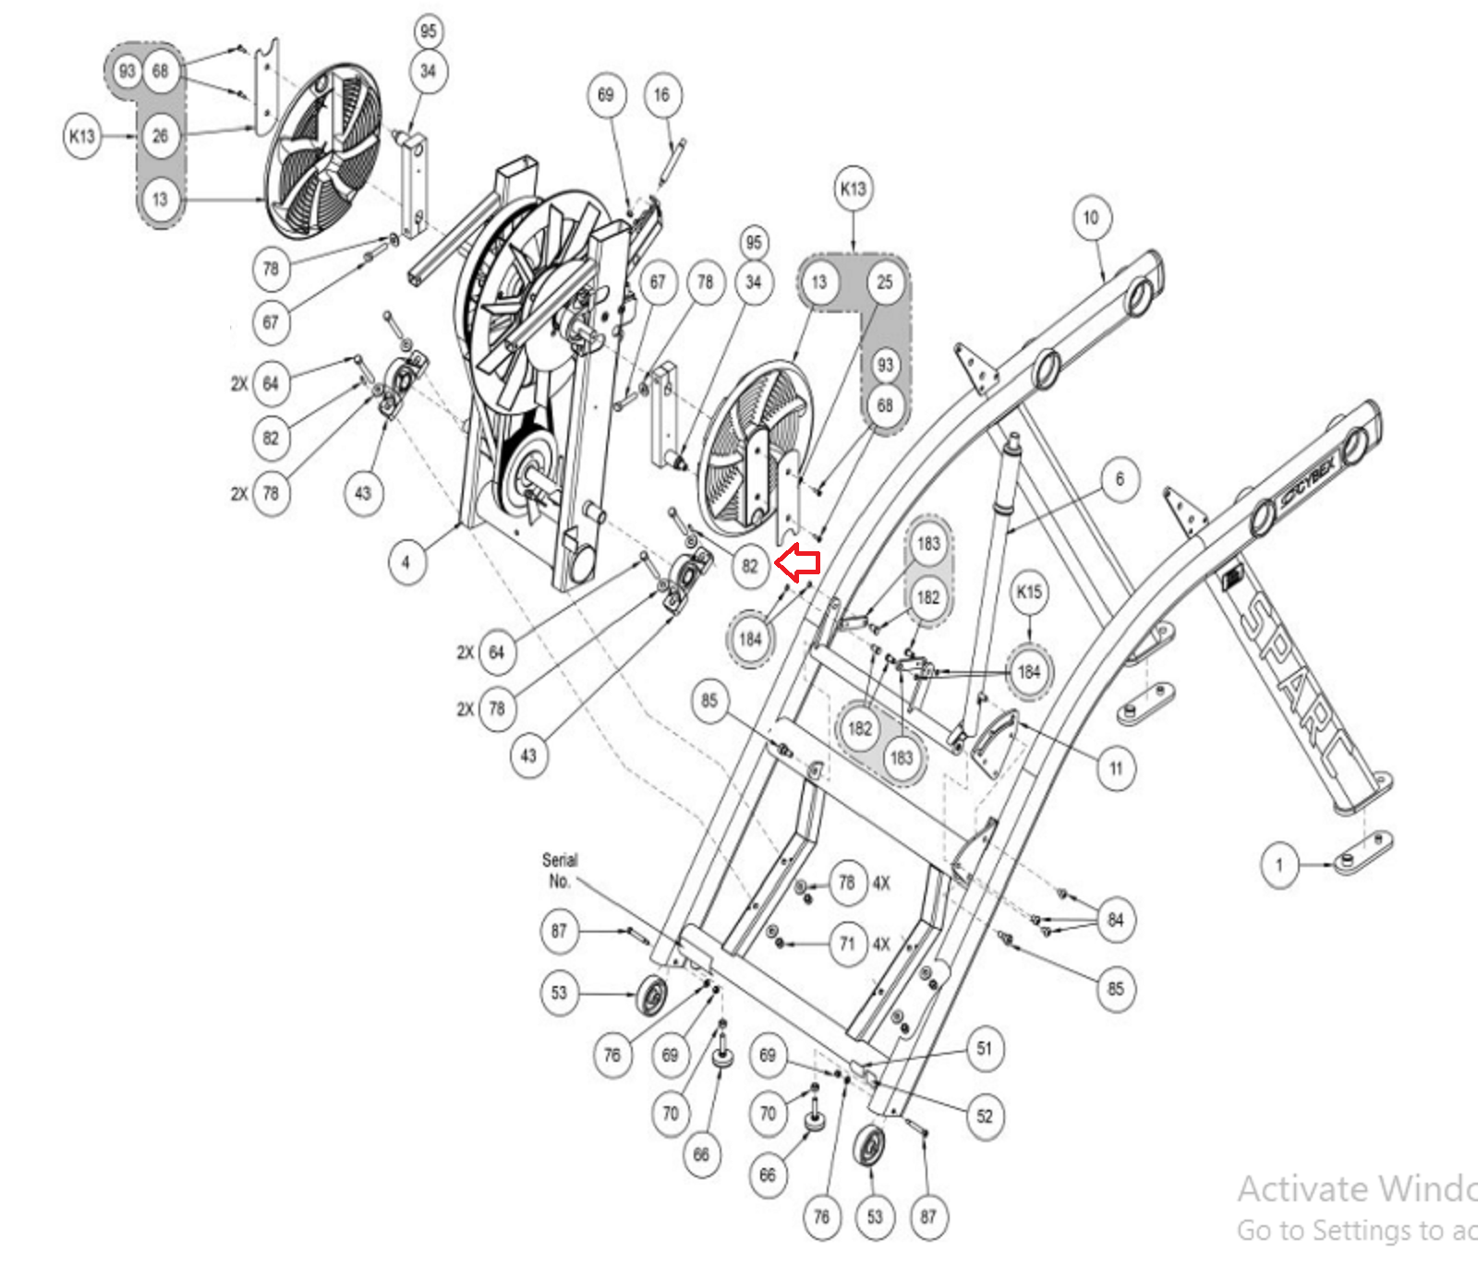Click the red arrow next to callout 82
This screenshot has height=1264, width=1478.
(797, 561)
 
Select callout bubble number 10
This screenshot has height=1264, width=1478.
(1092, 219)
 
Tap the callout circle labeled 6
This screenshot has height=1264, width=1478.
(1120, 479)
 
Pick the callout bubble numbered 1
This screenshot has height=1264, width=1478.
(1279, 866)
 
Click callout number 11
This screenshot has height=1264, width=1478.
(1116, 768)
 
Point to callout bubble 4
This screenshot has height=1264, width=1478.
(406, 561)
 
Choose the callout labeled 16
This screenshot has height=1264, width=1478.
(661, 95)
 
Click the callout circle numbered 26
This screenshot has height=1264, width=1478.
(161, 136)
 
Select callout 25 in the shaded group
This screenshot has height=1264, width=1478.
(885, 283)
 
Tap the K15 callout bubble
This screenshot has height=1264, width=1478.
(1029, 592)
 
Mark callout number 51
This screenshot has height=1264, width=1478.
(985, 1049)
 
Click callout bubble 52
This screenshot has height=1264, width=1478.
(985, 1116)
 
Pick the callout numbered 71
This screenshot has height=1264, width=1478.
(847, 944)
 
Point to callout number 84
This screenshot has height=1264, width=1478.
(1116, 920)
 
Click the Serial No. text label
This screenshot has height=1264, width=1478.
(560, 870)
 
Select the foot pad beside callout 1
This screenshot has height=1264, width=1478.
(1363, 851)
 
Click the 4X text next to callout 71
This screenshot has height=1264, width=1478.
(882, 944)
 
